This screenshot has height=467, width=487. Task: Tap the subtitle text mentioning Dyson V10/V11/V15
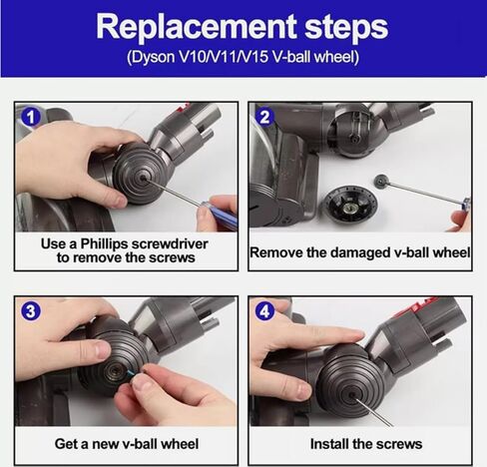(x=243, y=56)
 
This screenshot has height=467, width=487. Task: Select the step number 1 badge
(x=31, y=118)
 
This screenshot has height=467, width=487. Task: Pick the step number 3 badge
(x=31, y=311)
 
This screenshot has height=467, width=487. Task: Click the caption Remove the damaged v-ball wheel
(x=359, y=252)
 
